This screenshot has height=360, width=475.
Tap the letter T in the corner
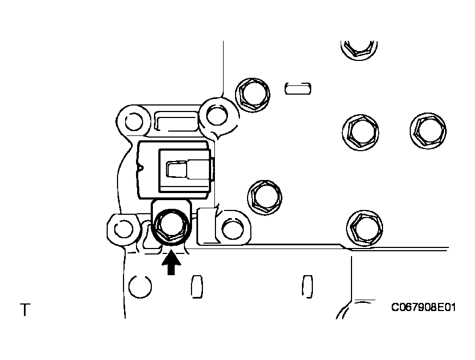coord(25,310)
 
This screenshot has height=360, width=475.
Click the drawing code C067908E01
coord(423,308)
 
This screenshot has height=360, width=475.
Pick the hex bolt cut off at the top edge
coord(359,48)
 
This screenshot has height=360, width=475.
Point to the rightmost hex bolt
coord(428,131)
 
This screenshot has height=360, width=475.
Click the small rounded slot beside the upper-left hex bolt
coord(298,89)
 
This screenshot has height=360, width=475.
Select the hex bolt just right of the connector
coord(265,197)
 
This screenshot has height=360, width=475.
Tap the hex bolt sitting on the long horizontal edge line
coord(365,228)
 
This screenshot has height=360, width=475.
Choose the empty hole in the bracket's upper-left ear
coord(134,121)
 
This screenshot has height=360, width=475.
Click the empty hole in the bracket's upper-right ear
coord(217,115)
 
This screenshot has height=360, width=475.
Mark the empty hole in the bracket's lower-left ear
coord(124,229)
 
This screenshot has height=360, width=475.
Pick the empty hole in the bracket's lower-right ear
coord(232,229)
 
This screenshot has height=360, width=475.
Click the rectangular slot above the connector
coord(176,121)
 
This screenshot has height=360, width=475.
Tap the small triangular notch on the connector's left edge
coord(140,167)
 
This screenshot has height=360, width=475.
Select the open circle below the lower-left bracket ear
coord(140,287)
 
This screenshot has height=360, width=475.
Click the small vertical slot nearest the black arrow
coord(197,287)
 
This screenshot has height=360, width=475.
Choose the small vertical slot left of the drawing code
coord(307,287)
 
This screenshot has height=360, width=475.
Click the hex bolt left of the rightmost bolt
coord(361,133)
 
